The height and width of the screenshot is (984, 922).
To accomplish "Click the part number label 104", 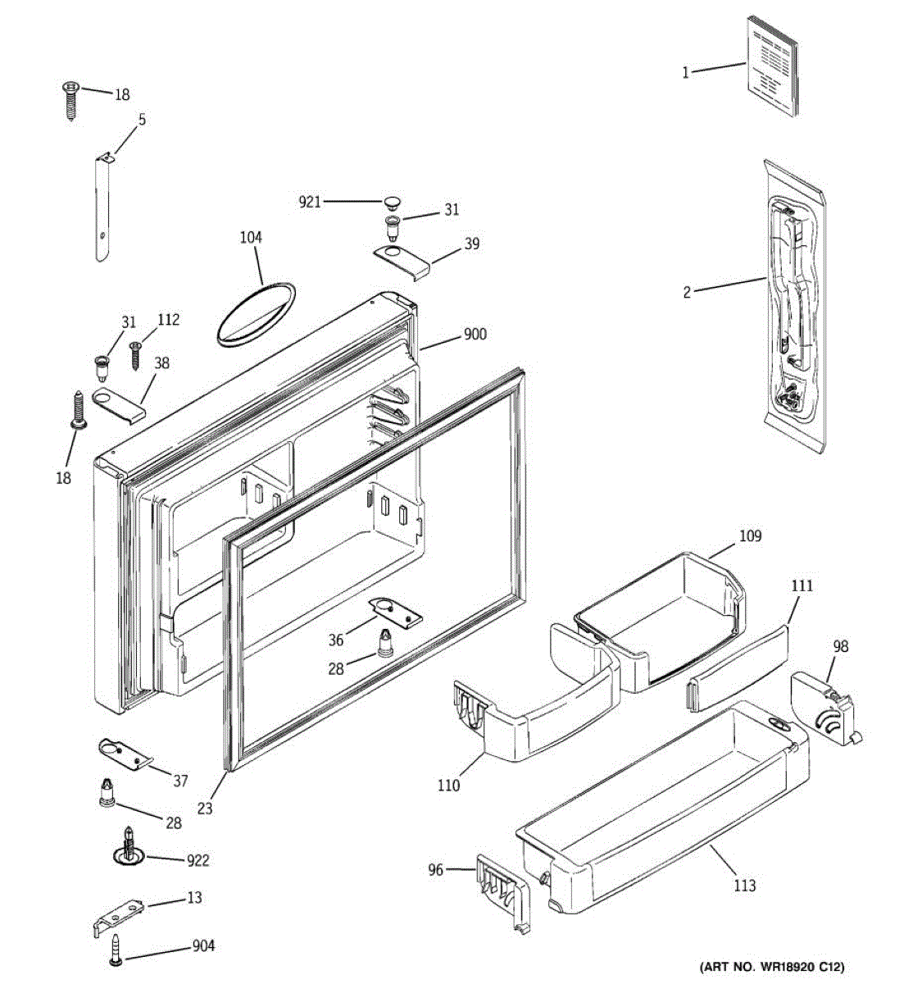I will pos(251,238).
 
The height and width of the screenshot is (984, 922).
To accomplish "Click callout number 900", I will pos(475,335).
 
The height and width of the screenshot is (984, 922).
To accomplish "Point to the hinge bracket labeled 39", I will pos(402,261).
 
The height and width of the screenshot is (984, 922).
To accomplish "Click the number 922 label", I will pos(198,860).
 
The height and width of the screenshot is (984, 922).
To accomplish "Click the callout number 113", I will pos(745,885).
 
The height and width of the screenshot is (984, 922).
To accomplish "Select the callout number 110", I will pos(448,786).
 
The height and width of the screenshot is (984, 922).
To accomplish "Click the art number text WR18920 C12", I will pos(770,967).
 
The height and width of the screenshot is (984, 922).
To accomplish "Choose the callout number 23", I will pos(205,809).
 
